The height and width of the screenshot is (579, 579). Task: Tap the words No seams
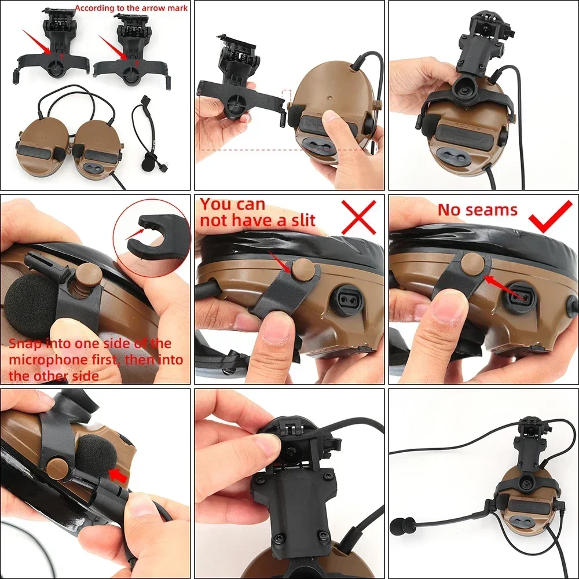[477, 210]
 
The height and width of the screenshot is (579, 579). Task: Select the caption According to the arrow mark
[131, 8]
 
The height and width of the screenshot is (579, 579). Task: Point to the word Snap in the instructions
[25, 344]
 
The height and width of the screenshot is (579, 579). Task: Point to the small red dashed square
[284, 96]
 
